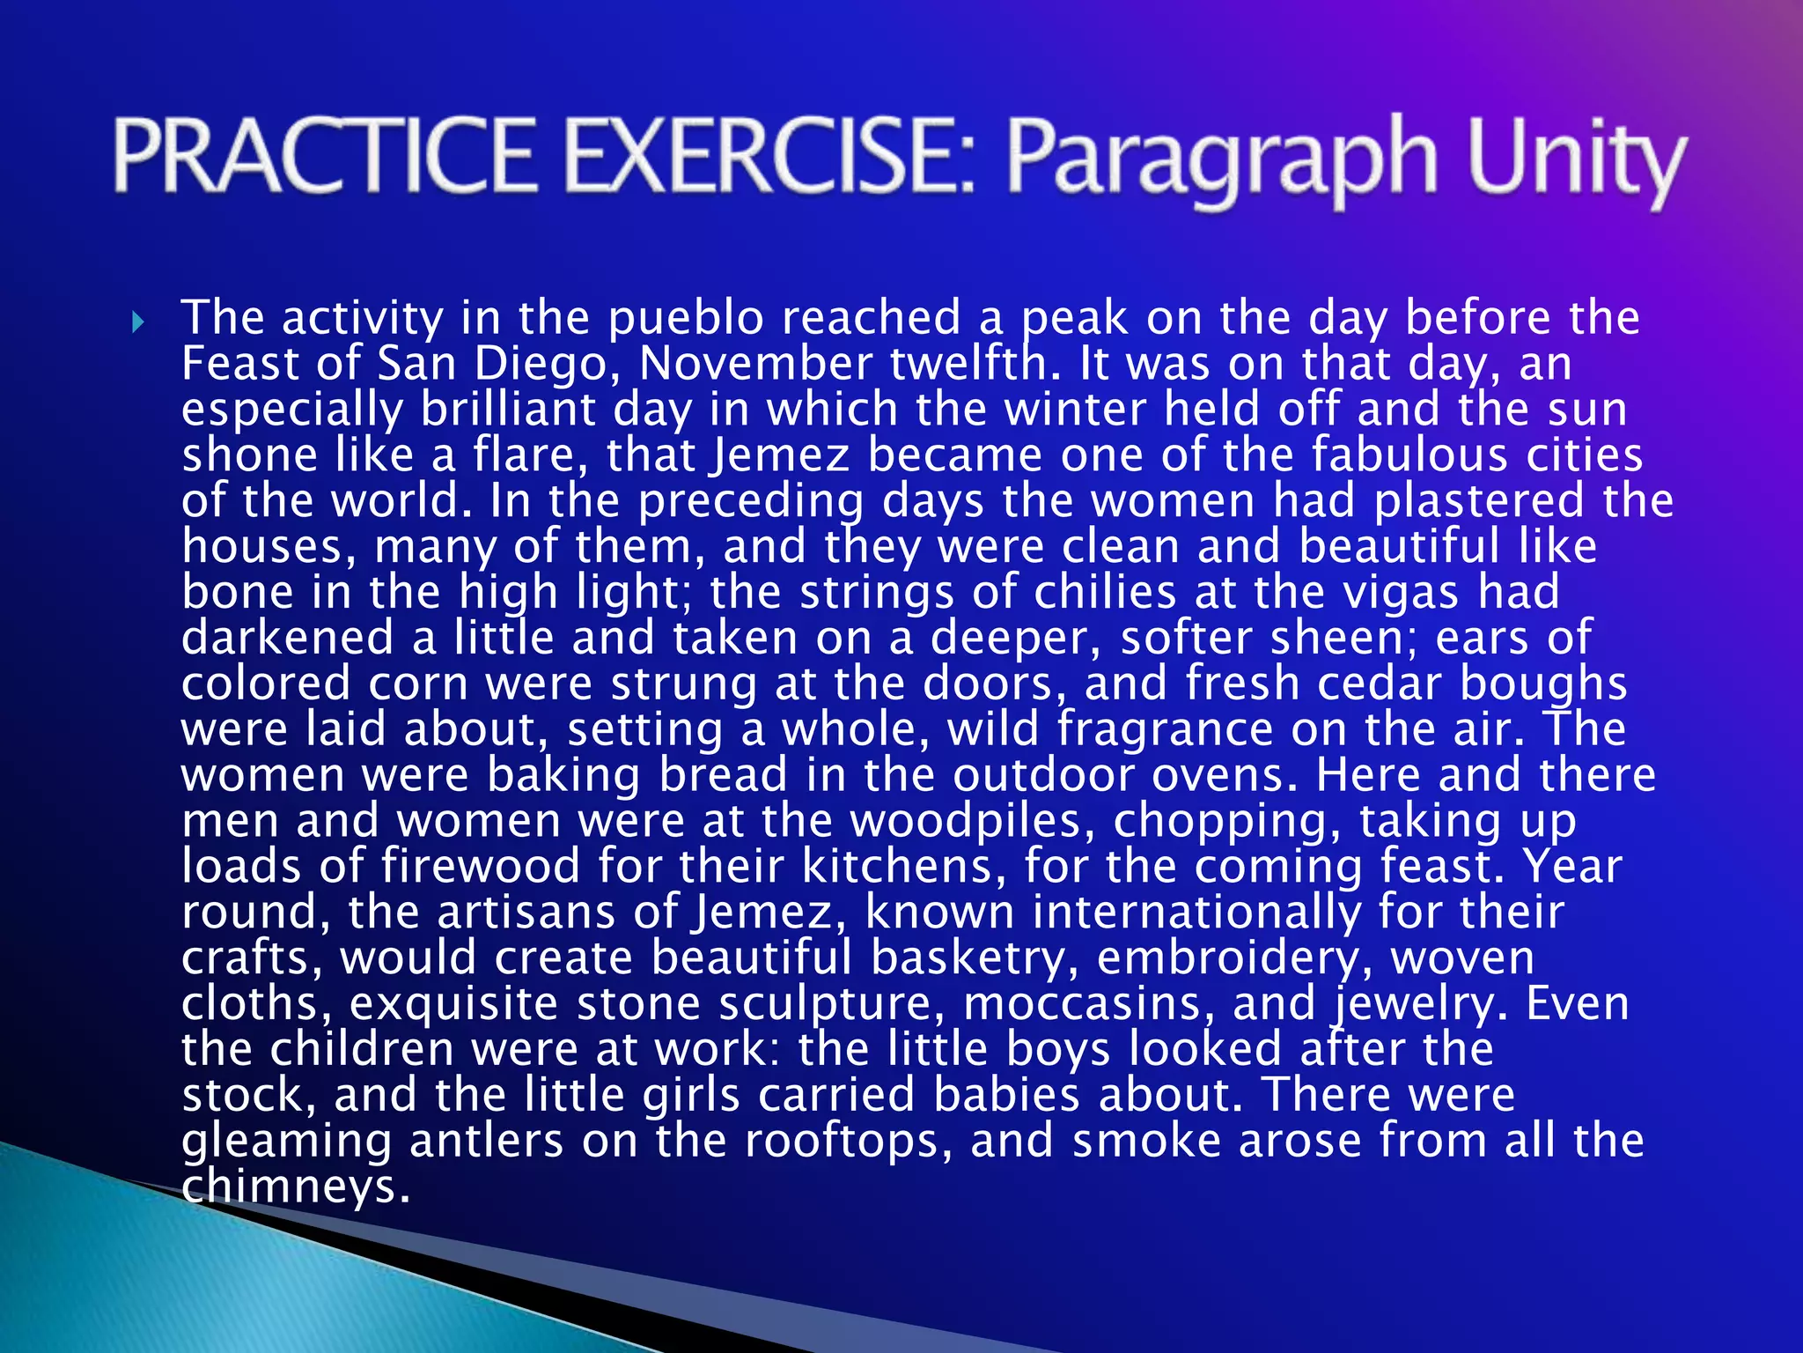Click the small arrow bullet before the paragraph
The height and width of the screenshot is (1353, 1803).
tap(137, 322)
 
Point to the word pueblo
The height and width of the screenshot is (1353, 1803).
tap(686, 318)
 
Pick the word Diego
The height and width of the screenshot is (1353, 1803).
tap(540, 364)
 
